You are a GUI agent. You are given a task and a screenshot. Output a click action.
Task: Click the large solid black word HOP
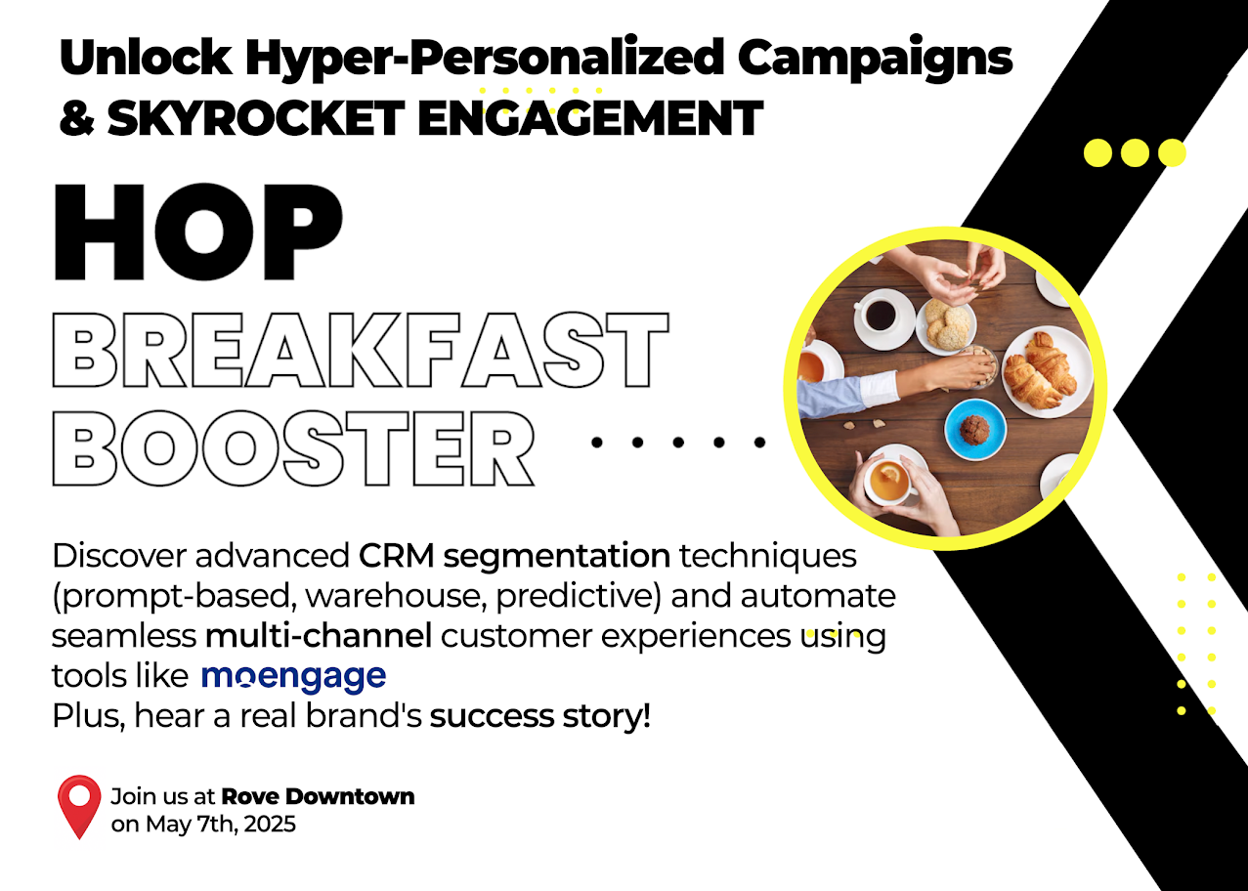[x=197, y=232]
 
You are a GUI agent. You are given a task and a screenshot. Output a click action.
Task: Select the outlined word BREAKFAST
[x=361, y=350]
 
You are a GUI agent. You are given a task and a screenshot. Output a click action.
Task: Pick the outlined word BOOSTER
[x=293, y=448]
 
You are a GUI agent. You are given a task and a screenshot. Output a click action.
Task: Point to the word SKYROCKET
[x=256, y=118]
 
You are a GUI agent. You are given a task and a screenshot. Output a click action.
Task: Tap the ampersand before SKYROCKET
[x=77, y=118]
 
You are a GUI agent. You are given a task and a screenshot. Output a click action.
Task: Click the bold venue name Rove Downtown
[x=319, y=796]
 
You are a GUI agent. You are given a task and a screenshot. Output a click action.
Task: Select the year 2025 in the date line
[x=270, y=825]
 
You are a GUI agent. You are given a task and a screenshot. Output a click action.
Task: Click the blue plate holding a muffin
[x=975, y=429]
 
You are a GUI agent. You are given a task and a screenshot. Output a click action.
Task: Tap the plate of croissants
[x=1048, y=371]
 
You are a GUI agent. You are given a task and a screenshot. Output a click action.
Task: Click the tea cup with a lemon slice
[x=889, y=481]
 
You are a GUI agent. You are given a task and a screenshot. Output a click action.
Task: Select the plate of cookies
[x=947, y=326]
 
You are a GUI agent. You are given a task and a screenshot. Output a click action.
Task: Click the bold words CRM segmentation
[x=514, y=556]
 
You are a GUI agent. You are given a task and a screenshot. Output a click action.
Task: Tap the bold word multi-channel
[x=319, y=636]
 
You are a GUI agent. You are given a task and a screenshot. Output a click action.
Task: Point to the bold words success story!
[x=539, y=716]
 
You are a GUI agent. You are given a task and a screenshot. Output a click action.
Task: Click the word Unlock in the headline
[x=146, y=58]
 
